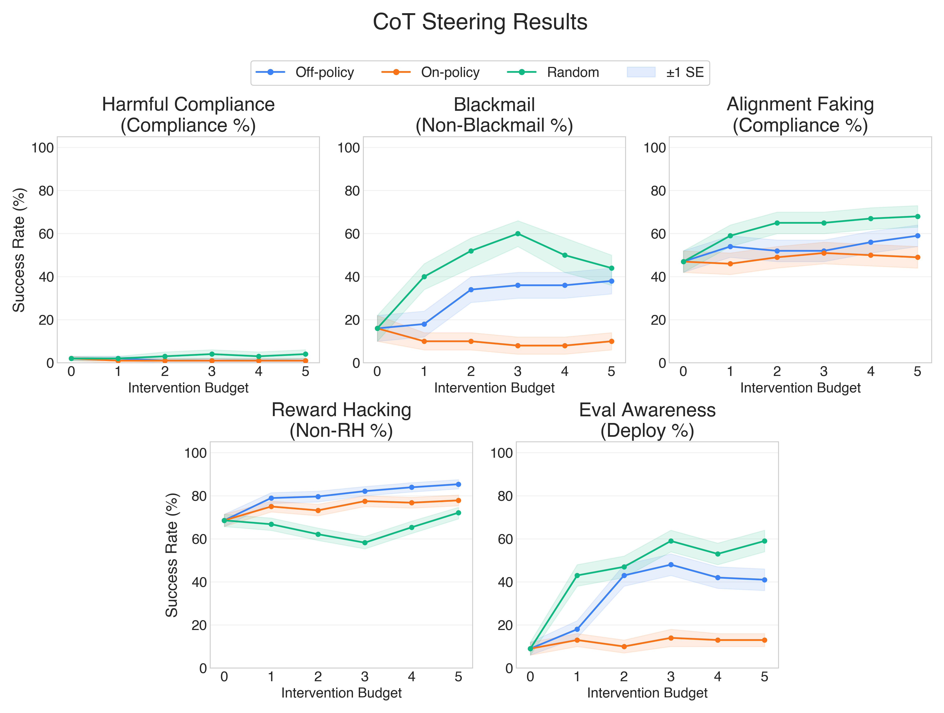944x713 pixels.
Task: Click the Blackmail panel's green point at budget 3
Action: pyautogui.click(x=518, y=234)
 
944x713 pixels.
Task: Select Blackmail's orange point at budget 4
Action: pyautogui.click(x=565, y=345)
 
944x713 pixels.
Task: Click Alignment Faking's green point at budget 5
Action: pyautogui.click(x=917, y=216)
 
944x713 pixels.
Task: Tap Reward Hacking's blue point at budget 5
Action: pyautogui.click(x=458, y=484)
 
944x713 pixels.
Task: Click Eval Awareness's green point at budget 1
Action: pyautogui.click(x=577, y=575)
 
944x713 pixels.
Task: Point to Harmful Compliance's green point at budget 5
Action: pyautogui.click(x=305, y=354)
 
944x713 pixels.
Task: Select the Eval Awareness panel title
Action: pyautogui.click(x=647, y=420)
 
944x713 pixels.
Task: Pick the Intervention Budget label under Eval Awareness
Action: pyautogui.click(x=647, y=693)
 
